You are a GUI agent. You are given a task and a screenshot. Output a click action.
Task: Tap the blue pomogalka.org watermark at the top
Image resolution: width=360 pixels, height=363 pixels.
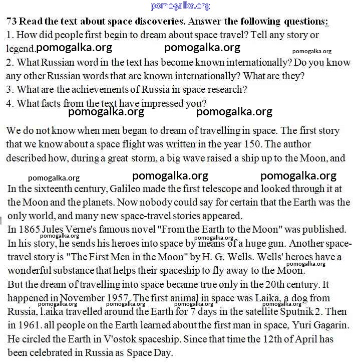[180, 6]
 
